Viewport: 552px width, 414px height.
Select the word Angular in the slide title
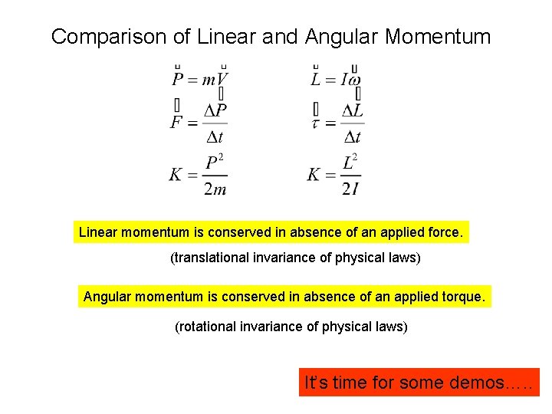332,36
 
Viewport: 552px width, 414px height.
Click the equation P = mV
199,79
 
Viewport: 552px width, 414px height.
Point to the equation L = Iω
336,79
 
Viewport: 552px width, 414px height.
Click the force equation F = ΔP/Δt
199,123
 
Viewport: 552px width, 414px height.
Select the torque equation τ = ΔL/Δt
337,123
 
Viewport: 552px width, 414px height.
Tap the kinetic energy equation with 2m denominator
199,174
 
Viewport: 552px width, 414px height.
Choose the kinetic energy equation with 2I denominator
334,174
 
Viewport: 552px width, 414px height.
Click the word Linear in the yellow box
97,232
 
